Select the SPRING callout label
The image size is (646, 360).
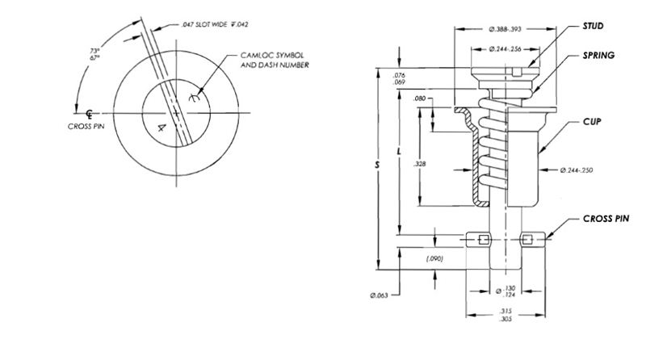pyautogui.click(x=598, y=56)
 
